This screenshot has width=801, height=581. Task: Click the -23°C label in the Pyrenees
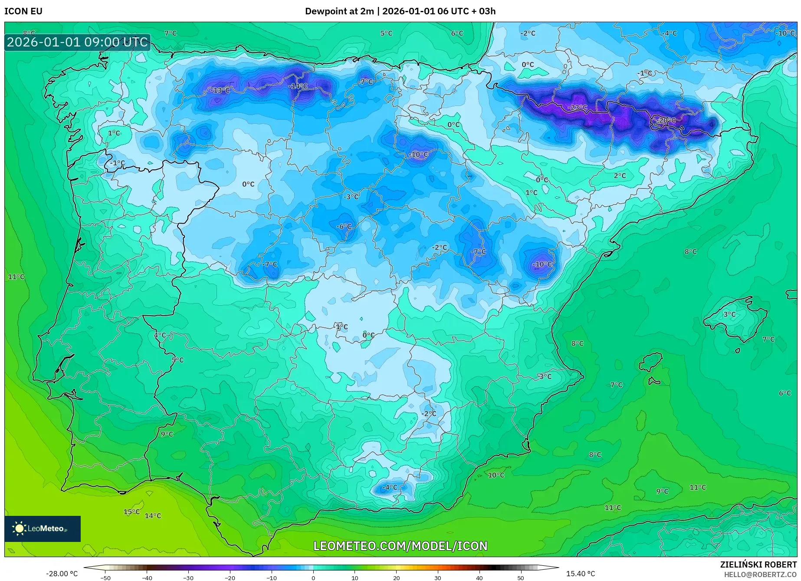tap(578, 107)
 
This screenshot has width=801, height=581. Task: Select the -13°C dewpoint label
tap(220, 90)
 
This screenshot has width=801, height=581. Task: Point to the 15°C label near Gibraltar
tap(131, 512)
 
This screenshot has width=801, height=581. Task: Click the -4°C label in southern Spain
tap(389, 487)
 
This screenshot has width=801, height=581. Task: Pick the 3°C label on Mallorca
tap(729, 314)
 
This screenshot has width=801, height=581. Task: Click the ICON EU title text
tap(23, 11)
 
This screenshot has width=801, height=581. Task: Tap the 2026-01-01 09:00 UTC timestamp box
tap(77, 42)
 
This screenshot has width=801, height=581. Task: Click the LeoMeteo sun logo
tap(19, 528)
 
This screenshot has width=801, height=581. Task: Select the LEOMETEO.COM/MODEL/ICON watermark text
tap(400, 546)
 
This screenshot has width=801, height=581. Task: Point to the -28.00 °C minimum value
tap(62, 574)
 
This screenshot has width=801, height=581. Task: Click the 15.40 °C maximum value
tap(580, 574)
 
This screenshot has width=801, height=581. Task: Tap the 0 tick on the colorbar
tap(313, 578)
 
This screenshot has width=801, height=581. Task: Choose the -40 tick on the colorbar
tap(147, 578)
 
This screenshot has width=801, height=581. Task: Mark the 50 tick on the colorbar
tap(520, 578)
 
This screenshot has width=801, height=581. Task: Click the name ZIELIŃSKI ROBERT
tap(758, 564)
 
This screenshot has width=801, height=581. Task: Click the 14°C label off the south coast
tap(153, 515)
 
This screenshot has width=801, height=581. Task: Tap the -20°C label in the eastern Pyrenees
tap(666, 120)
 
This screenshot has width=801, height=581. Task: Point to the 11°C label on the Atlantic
tap(16, 277)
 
